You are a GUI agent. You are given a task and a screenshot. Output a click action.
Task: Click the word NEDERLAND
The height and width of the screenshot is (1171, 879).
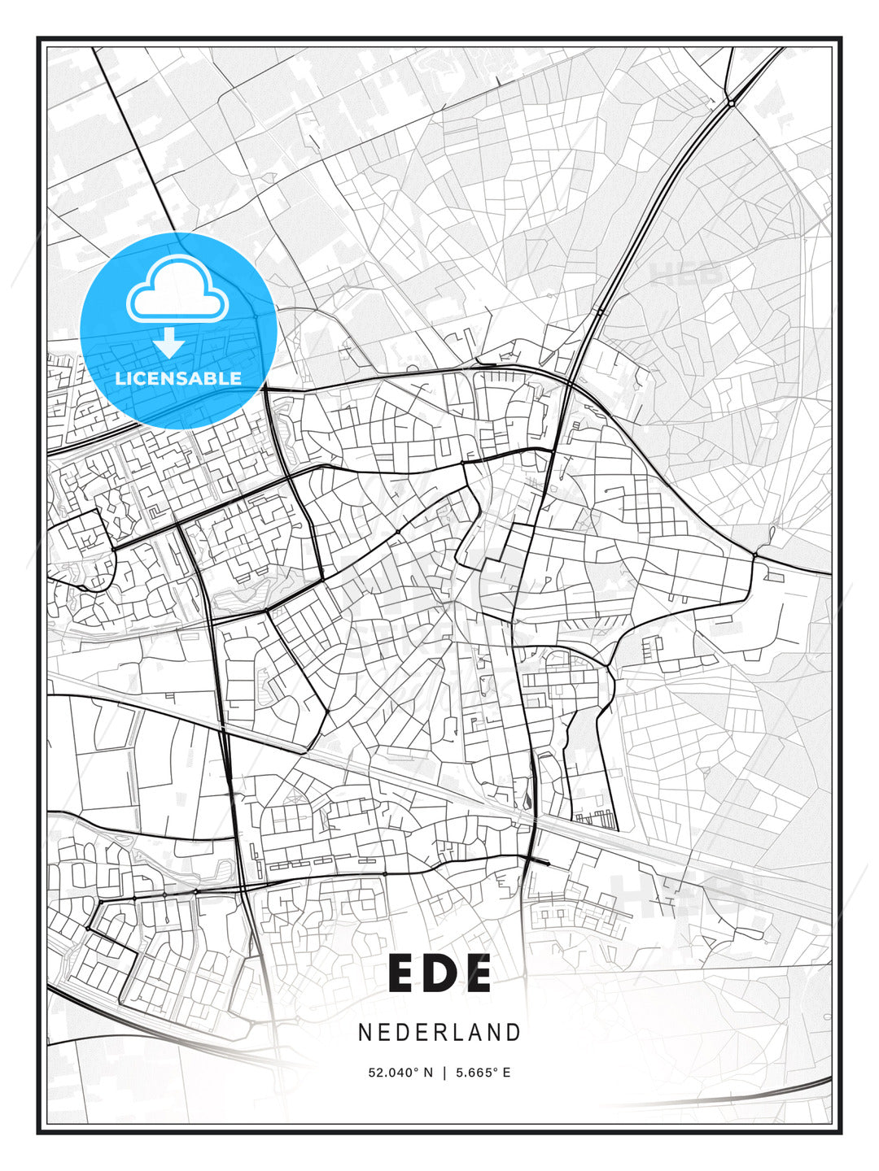[439, 1032]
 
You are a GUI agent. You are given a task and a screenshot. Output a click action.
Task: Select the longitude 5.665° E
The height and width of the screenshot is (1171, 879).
[483, 1073]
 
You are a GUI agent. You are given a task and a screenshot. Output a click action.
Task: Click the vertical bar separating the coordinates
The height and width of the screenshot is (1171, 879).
[444, 1073]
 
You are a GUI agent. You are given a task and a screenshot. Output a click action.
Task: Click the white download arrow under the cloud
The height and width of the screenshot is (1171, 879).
[169, 342]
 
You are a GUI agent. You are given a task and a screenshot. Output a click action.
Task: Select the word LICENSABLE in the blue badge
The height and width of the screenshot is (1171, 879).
[178, 378]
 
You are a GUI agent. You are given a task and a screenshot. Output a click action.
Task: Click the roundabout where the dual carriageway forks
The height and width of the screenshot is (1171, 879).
[732, 102]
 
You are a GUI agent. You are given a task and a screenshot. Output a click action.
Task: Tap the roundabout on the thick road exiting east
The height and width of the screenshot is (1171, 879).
[754, 555]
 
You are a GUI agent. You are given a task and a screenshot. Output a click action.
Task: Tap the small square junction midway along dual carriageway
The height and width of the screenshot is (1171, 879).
[600, 311]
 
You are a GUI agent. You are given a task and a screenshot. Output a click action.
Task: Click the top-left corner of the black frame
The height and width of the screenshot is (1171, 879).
[38, 38]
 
